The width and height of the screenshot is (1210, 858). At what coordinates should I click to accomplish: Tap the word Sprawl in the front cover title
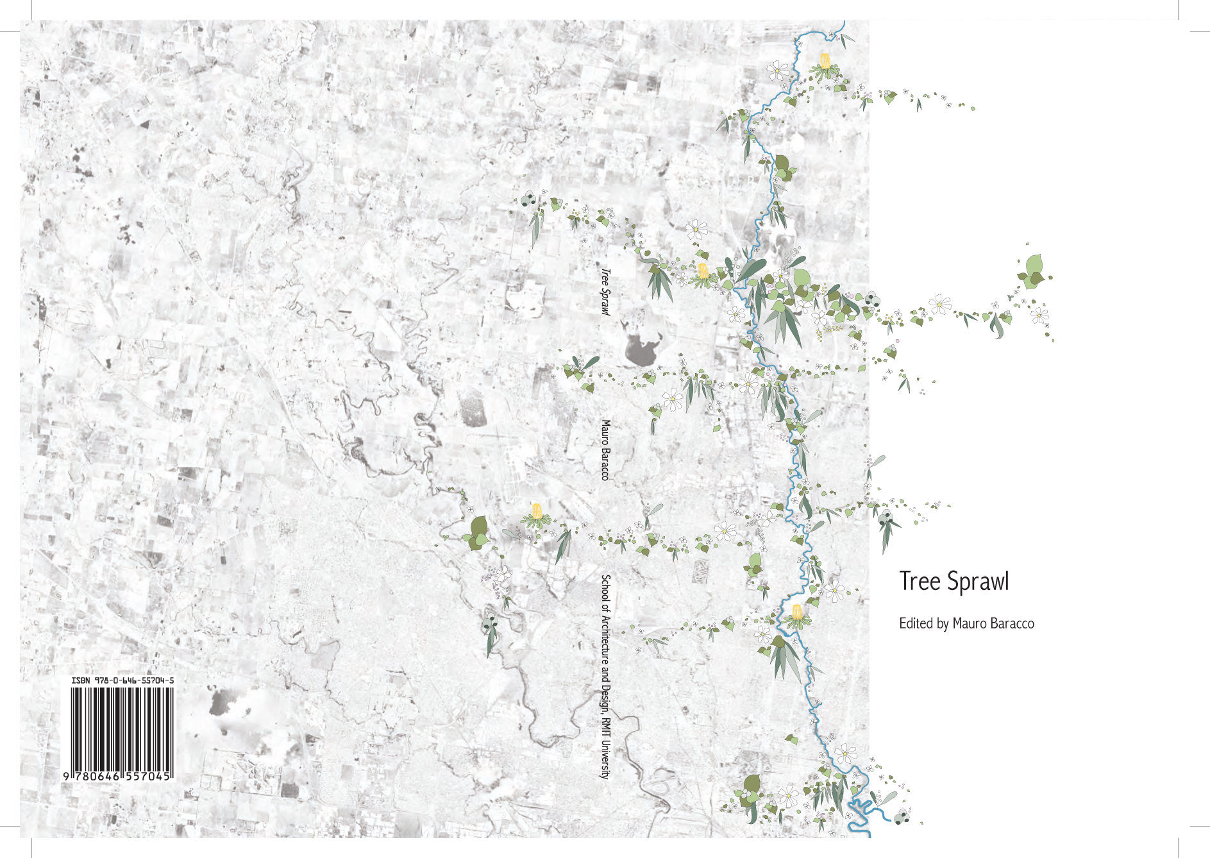point(978,582)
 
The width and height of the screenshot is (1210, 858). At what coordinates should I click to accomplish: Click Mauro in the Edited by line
point(970,623)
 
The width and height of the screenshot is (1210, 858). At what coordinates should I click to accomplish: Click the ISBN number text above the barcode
point(122,680)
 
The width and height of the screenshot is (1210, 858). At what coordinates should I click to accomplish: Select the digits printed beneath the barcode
point(118,776)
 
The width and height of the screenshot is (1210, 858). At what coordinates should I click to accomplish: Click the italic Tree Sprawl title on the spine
point(605,292)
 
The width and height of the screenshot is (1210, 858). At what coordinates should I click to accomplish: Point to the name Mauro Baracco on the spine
point(605,450)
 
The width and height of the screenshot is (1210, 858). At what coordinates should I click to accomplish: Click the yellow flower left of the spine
point(537,512)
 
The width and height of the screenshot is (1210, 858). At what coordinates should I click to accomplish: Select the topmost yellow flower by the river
point(825,62)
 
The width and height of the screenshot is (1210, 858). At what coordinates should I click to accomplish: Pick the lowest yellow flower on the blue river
point(796,613)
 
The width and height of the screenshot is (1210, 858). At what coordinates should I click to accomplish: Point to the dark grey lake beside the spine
point(641,349)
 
